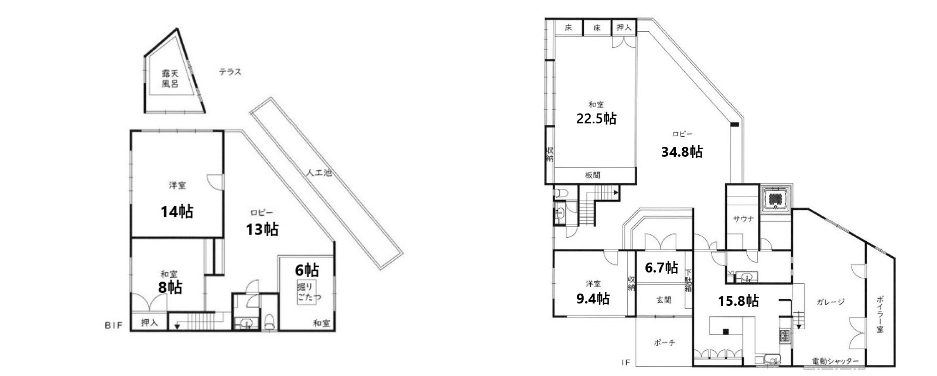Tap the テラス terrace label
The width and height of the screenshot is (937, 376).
230,72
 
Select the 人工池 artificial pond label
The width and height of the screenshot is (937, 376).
319,174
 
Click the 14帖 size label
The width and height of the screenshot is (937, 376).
177,211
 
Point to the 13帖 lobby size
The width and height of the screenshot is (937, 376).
262,229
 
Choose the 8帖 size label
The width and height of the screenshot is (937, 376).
170,287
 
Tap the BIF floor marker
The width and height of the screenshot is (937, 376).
114,325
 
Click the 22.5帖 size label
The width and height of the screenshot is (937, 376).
596,119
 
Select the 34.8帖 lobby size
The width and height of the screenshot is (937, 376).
682,152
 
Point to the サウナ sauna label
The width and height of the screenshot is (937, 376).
743,219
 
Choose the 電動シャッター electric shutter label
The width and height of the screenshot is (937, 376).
835,361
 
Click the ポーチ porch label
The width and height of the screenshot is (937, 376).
664,343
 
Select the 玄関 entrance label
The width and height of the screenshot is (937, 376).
664,300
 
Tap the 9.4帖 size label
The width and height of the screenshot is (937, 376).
593,299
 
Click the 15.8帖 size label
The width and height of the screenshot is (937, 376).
738,301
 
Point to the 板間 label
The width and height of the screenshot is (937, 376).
592,175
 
